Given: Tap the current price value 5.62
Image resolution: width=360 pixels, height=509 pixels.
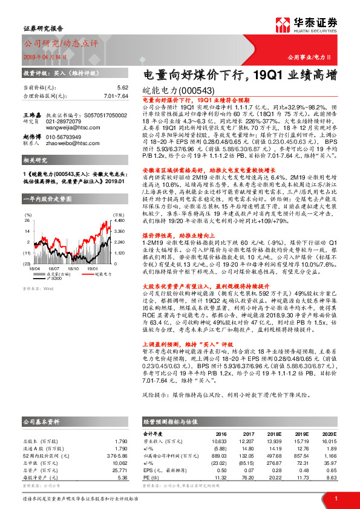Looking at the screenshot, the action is coord(123,88).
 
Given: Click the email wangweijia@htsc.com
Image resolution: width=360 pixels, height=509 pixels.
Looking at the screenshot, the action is coord(68,128).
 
